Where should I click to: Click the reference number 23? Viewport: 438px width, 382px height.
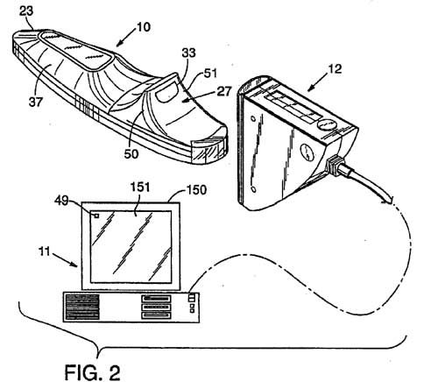[x=26, y=11]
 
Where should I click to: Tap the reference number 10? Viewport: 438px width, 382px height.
[x=143, y=27]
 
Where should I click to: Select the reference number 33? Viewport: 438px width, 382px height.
[x=188, y=53]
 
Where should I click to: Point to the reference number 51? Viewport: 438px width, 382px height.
[x=210, y=73]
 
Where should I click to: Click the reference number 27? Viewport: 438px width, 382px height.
[x=224, y=91]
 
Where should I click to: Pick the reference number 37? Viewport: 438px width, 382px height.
[x=36, y=102]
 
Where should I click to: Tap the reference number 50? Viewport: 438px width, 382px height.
[x=131, y=153]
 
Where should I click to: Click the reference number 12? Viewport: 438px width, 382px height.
[x=335, y=69]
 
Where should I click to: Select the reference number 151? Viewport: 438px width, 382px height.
[x=140, y=187]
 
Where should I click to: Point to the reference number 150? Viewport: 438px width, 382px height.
[x=196, y=190]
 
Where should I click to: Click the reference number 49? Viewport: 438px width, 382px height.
[x=61, y=201]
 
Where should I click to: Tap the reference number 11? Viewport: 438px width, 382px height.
[x=45, y=251]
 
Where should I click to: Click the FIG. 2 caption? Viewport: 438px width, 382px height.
[x=92, y=372]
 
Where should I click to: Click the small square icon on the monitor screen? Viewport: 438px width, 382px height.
[x=96, y=216]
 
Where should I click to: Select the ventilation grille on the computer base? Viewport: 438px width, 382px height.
[x=82, y=307]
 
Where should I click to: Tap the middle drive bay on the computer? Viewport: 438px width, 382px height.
[x=156, y=307]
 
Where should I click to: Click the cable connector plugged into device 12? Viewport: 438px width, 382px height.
[x=335, y=166]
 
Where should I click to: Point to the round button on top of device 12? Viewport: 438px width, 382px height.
[x=326, y=124]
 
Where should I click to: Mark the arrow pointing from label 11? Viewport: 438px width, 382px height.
[x=65, y=259]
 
